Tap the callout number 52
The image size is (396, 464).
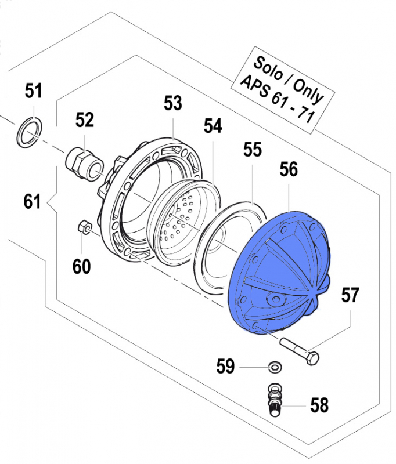point(85,120)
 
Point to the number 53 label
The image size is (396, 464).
point(172,104)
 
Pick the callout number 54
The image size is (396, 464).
point(213,126)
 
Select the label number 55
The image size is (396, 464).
point(253,151)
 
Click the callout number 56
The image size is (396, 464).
point(289,169)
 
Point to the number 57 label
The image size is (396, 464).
point(350,296)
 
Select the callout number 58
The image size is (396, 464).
point(319,404)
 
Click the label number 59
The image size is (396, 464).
point(226,367)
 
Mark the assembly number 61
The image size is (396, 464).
point(33,202)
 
